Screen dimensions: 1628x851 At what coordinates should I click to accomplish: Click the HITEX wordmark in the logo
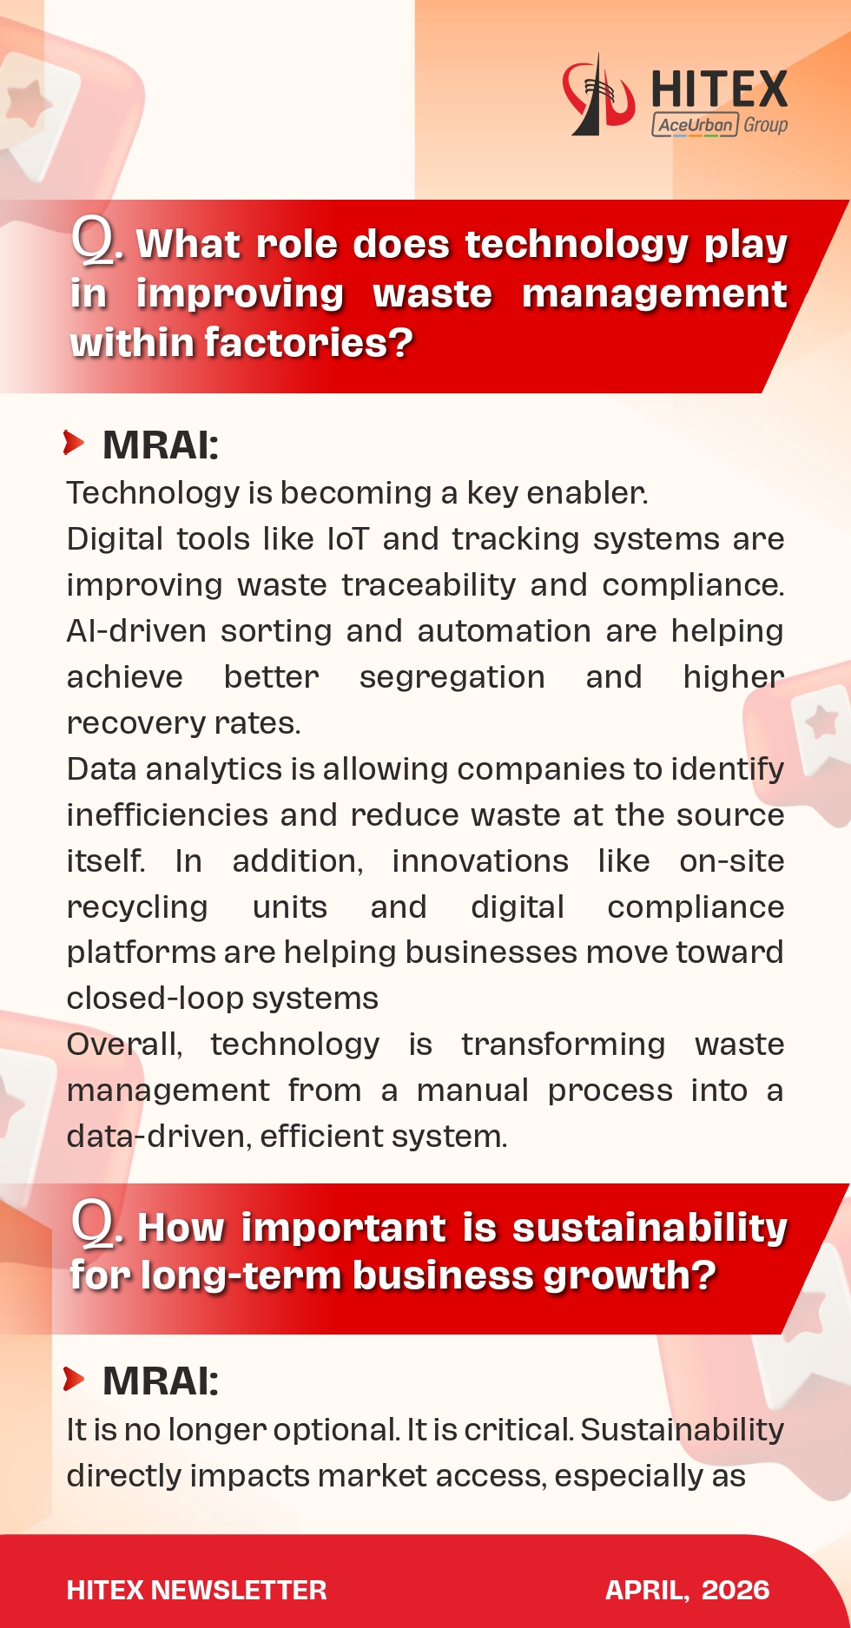(x=719, y=89)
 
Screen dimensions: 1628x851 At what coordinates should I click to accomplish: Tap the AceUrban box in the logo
(x=695, y=125)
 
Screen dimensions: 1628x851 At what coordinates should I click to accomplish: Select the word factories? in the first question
(x=308, y=343)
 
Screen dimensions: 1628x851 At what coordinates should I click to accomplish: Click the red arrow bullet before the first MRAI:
(x=74, y=443)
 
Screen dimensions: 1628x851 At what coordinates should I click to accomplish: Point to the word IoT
(x=347, y=539)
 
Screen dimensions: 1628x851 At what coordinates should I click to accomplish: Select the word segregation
(x=452, y=677)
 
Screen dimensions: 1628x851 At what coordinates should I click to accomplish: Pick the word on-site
(x=731, y=861)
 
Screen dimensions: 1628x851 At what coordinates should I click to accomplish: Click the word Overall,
(x=124, y=1045)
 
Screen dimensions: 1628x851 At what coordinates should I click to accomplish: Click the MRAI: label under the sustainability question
(x=161, y=1381)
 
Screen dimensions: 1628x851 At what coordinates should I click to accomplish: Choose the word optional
(x=336, y=1430)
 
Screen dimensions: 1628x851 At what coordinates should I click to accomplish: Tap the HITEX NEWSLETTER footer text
(x=196, y=1590)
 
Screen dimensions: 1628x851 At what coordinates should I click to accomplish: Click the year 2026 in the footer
(x=735, y=1590)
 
